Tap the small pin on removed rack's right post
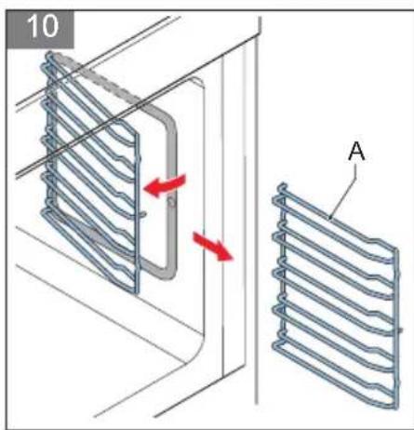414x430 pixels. pos(400,329)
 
